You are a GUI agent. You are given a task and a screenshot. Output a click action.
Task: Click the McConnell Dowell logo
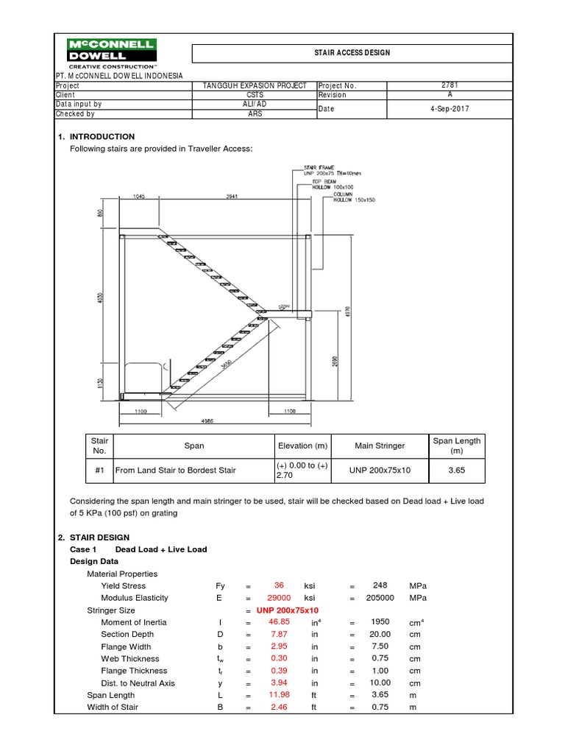111,54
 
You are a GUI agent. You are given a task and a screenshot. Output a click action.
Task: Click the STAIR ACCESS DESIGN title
352,53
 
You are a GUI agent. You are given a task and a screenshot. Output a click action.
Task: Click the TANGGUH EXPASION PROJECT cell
255,85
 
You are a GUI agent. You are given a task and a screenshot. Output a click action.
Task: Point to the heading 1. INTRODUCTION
96,136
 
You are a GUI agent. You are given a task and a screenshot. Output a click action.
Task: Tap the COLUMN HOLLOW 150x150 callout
342,196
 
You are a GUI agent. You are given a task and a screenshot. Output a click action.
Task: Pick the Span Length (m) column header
456,445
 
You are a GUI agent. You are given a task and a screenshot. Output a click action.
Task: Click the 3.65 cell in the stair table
456,470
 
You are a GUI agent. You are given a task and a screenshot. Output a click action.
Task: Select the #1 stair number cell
99,470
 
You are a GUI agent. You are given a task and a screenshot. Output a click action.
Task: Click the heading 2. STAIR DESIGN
93,538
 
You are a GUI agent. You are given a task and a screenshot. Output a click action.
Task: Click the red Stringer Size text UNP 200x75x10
288,610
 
